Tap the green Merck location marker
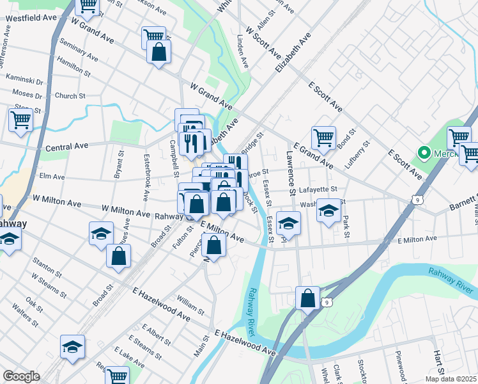click(x=422, y=153)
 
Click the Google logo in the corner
click(x=21, y=376)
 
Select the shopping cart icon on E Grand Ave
click(x=323, y=138)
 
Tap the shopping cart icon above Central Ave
click(x=20, y=120)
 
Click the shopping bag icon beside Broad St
click(x=119, y=255)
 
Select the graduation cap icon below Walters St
click(x=72, y=346)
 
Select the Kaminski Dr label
click(x=24, y=82)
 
